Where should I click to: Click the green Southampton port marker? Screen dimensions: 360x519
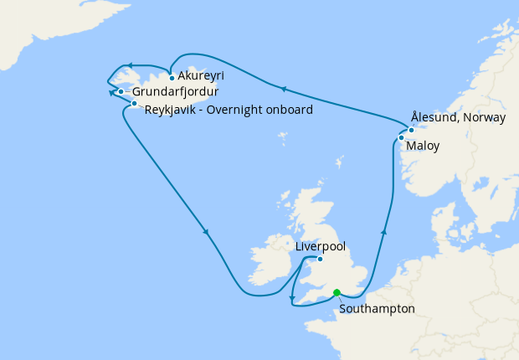[337, 293]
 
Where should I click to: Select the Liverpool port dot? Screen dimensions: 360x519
[320, 259]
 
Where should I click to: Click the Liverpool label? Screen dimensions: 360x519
[321, 247]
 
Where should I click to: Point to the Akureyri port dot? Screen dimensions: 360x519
[172, 79]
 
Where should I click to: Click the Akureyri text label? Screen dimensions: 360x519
[201, 76]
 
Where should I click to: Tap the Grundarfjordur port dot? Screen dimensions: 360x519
[121, 92]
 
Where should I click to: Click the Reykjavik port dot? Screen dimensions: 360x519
[134, 104]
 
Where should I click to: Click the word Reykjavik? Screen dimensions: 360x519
[171, 110]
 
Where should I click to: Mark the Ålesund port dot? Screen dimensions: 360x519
[411, 130]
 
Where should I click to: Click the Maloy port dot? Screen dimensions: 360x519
[402, 137]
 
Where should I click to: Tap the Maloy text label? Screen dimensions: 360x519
[422, 147]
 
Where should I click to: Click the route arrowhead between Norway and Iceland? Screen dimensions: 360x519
[283, 87]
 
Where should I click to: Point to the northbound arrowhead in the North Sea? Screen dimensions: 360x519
[384, 231]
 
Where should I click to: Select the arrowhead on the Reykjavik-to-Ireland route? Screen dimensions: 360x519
[205, 232]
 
